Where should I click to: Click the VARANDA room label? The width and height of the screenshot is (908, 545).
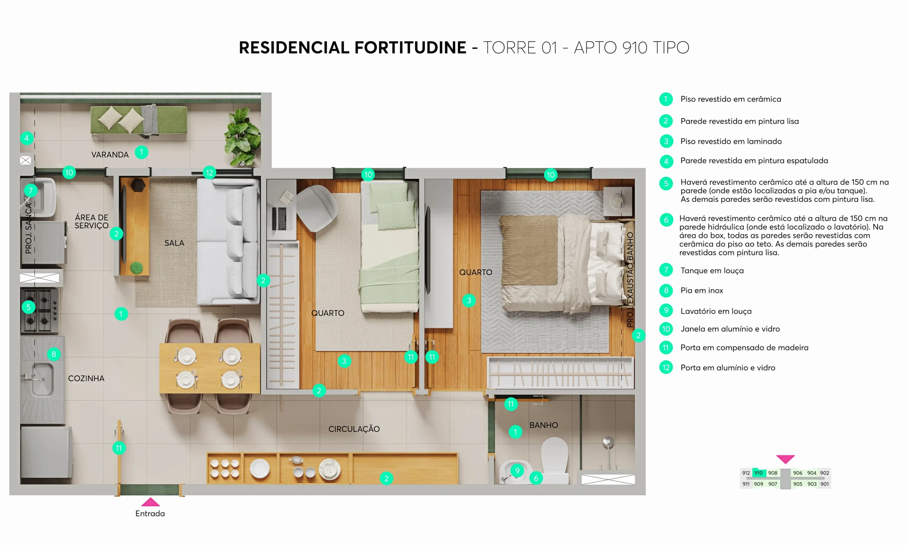pyautogui.click(x=110, y=155)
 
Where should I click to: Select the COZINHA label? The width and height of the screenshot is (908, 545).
pyautogui.click(x=86, y=378)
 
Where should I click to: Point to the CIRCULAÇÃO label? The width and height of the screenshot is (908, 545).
pyautogui.click(x=354, y=429)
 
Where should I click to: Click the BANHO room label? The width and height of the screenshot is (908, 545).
pyautogui.click(x=543, y=425)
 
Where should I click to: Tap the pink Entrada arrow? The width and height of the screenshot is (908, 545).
pyautogui.click(x=150, y=502)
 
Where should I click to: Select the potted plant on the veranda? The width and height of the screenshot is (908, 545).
pyautogui.click(x=243, y=137)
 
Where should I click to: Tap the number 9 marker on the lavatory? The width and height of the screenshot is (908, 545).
pyautogui.click(x=517, y=470)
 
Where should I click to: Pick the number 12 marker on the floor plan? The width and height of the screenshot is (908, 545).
pyautogui.click(x=209, y=172)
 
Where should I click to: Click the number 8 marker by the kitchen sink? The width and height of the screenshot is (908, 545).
pyautogui.click(x=54, y=354)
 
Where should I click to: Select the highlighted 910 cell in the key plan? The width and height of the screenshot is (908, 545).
pyautogui.click(x=759, y=473)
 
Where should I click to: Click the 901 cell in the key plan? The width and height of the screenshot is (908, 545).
pyautogui.click(x=824, y=484)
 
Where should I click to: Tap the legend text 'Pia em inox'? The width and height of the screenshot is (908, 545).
pyautogui.click(x=701, y=291)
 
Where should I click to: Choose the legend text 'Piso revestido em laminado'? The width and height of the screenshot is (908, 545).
pyautogui.click(x=731, y=141)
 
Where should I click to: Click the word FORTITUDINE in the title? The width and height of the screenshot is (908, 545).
pyautogui.click(x=410, y=48)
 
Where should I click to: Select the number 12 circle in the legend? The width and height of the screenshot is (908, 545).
pyautogui.click(x=666, y=368)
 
